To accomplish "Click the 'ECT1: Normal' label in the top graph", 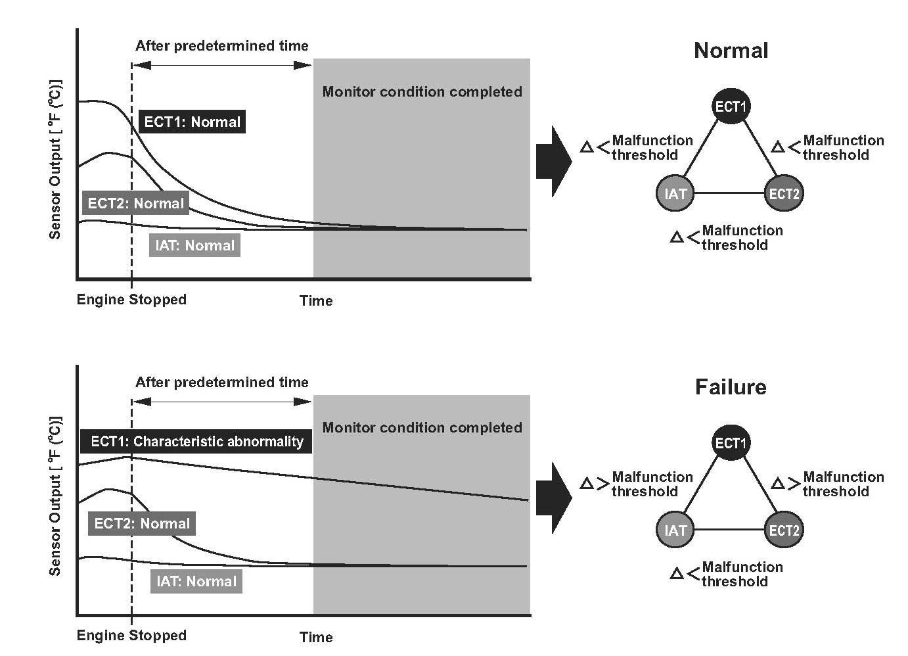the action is [x=192, y=122].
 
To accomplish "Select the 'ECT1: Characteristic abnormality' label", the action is [x=196, y=441].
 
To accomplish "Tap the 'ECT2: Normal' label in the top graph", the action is [x=136, y=202].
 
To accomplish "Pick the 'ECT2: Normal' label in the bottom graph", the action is [x=142, y=523].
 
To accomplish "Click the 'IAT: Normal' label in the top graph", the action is [x=194, y=245].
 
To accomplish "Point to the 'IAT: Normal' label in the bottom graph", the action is [x=196, y=582].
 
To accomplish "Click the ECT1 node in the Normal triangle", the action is [x=731, y=106].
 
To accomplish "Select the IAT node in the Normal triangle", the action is [x=675, y=193].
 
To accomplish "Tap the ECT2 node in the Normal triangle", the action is [x=784, y=193].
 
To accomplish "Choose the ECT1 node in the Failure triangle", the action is [x=731, y=443].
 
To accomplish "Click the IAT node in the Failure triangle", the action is [x=675, y=530].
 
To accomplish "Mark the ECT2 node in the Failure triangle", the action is [x=784, y=530].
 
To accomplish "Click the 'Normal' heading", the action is [x=731, y=51].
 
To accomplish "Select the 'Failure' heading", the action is [x=731, y=387].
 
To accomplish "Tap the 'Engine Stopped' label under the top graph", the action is [x=131, y=300].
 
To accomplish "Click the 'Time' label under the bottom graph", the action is [x=316, y=637].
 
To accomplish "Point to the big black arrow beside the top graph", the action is [x=554, y=161].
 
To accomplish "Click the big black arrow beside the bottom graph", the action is [x=554, y=498].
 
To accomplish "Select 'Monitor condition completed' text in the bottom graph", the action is [x=422, y=428].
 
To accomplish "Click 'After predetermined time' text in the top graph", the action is [x=221, y=46].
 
